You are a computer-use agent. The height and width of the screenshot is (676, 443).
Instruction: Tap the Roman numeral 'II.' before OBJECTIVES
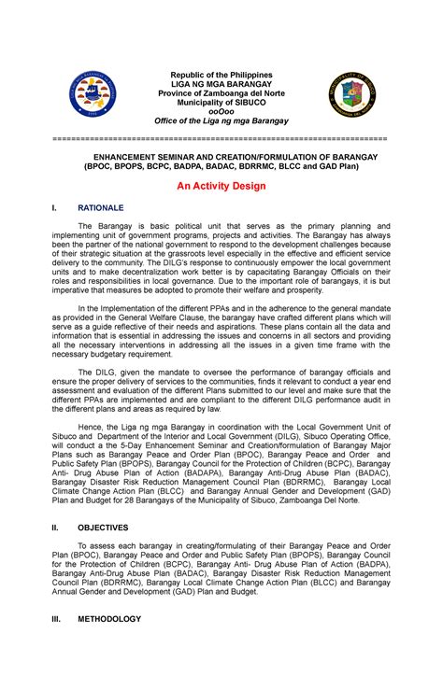(x=55, y=528)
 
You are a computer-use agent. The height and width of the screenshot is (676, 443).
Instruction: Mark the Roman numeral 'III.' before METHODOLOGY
(x=56, y=618)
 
